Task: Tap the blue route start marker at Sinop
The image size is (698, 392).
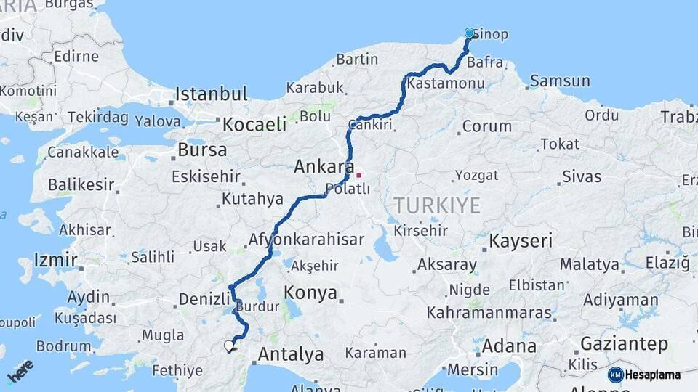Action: tap(470, 33)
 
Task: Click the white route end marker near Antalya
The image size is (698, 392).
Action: tap(229, 346)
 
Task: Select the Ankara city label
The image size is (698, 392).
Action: tap(324, 167)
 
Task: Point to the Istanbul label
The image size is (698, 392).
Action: tap(212, 94)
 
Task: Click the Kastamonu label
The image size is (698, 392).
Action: tap(446, 83)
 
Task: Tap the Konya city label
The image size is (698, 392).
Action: tap(310, 293)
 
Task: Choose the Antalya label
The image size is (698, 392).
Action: tap(291, 355)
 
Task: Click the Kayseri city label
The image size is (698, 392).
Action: tap(521, 241)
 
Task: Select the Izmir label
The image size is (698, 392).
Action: tap(55, 260)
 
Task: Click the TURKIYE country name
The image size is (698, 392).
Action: tap(438, 205)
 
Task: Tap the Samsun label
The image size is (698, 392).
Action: tap(559, 81)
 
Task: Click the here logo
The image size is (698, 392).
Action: tap(20, 371)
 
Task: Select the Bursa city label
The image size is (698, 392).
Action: tap(202, 150)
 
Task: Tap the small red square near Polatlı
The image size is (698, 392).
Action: tap(358, 175)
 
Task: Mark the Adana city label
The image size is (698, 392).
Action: tap(508, 346)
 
